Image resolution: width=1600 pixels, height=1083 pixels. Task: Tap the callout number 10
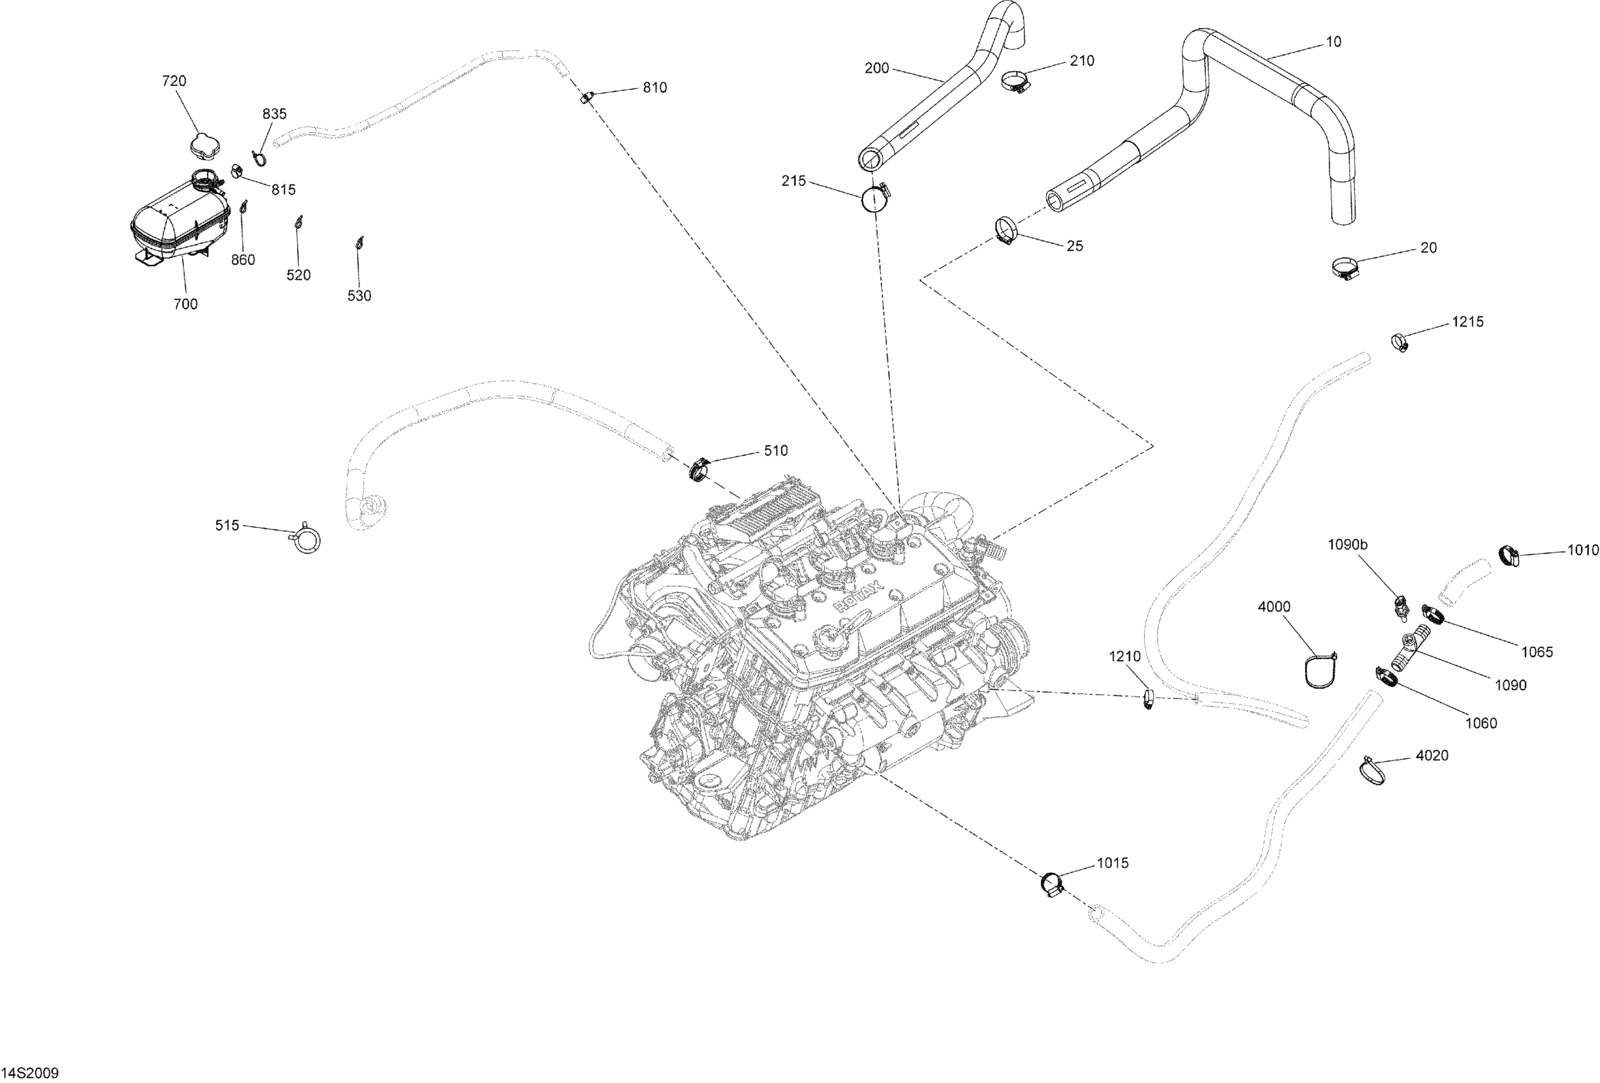(x=1333, y=42)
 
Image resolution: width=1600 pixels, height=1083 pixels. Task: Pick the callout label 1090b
(x=1347, y=545)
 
